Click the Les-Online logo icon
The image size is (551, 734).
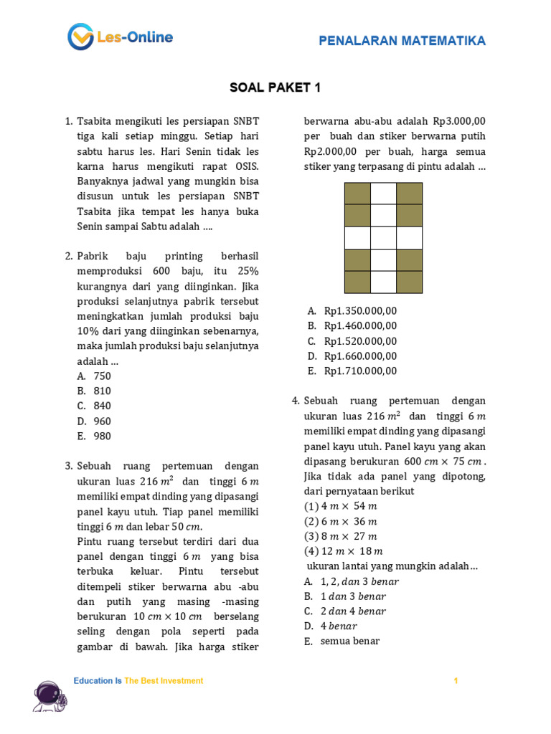click(80, 37)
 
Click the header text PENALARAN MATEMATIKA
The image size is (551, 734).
click(402, 41)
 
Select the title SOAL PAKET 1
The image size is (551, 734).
click(275, 88)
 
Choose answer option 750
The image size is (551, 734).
click(102, 376)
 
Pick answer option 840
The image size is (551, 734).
click(102, 406)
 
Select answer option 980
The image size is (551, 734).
click(102, 436)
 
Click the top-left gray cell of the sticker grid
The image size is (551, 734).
click(357, 194)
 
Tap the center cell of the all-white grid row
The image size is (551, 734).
click(383, 238)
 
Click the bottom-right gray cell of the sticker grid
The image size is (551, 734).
click(409, 282)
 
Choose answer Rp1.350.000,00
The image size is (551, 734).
click(359, 310)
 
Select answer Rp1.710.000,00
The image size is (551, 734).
click(359, 371)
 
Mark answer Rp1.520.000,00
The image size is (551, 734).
click(359, 340)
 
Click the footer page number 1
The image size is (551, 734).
click(455, 681)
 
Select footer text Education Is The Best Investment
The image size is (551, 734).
click(138, 681)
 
